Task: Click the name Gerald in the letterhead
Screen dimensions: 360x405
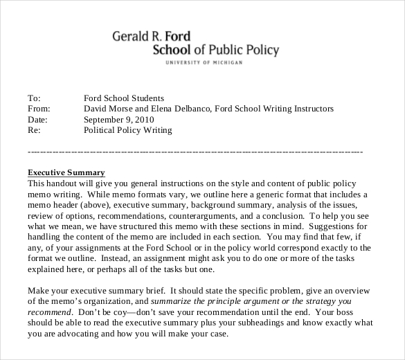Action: coord(132,36)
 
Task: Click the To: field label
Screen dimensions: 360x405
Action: coord(34,98)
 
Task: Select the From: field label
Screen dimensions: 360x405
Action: coord(39,109)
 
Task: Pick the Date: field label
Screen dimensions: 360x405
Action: coord(37,119)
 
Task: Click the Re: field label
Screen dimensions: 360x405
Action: coord(33,129)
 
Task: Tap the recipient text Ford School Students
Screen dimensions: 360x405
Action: coord(124,98)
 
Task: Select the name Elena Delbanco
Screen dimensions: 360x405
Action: coord(182,109)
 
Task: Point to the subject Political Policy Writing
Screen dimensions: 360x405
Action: coord(128,129)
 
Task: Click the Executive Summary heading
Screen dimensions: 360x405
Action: coord(66,172)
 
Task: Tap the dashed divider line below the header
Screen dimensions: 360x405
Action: coord(194,151)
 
